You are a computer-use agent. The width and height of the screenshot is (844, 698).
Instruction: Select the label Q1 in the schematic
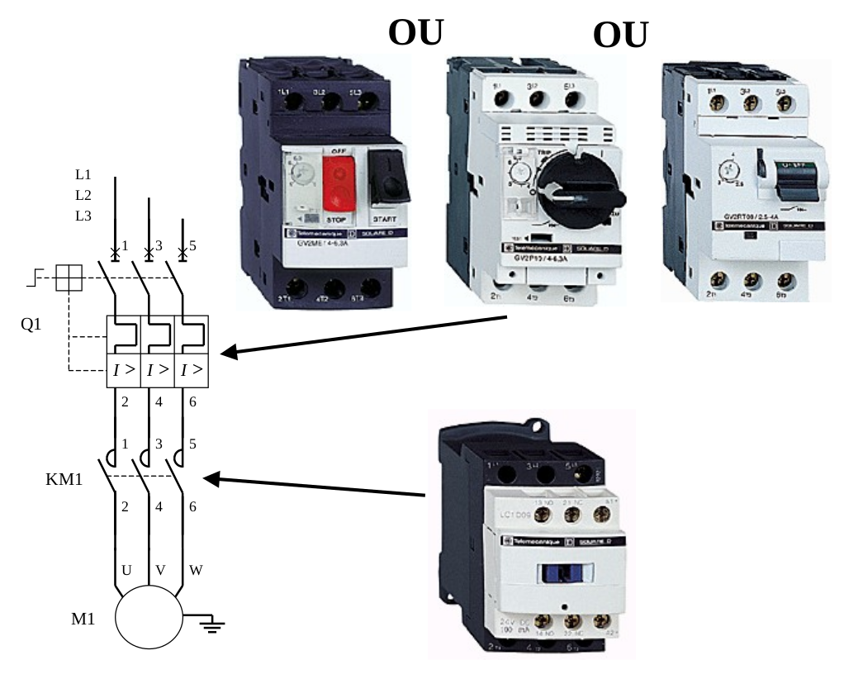[31, 325]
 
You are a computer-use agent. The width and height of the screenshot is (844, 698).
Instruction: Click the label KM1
[64, 479]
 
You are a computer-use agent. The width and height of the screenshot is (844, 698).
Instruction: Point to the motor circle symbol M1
[148, 616]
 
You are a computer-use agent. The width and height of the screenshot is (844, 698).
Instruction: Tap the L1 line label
[83, 174]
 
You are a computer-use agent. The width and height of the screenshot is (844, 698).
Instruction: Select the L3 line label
[83, 216]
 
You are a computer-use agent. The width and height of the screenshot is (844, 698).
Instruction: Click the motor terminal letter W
[196, 570]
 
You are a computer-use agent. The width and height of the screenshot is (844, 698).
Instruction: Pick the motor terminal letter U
[126, 570]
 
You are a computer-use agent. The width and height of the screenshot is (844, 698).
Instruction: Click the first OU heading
[415, 32]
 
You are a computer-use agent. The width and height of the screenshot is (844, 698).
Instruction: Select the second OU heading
[620, 36]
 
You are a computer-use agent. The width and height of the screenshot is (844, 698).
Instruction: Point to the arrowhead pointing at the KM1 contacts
[212, 478]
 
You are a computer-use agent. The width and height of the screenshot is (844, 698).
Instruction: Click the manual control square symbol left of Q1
[69, 279]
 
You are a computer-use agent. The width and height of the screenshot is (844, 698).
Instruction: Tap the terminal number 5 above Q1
[192, 245]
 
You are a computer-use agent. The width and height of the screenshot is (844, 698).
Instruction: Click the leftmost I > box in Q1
[124, 369]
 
